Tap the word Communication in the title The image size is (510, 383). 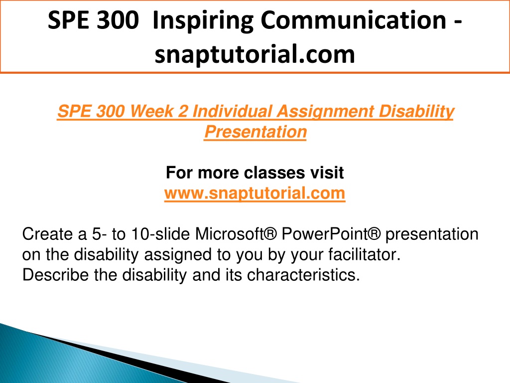tap(353, 20)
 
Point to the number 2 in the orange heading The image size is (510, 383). tap(183, 111)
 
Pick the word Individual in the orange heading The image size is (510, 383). tap(232, 111)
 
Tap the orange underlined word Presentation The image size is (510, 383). tap(255, 132)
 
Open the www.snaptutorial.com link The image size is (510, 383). tap(255, 193)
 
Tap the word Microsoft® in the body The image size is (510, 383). tap(236, 234)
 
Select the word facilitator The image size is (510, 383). tap(364, 255)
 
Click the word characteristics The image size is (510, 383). tap(303, 275)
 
